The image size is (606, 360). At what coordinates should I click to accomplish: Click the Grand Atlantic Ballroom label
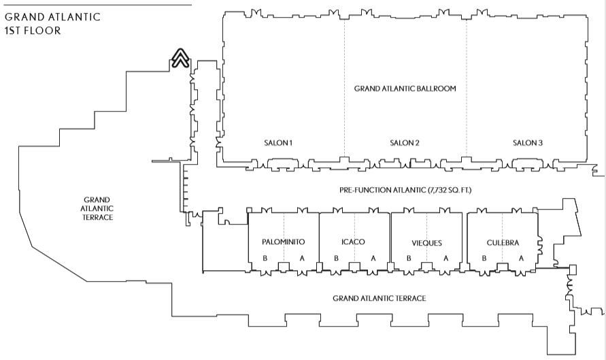click(405, 88)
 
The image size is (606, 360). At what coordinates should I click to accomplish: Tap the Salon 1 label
click(278, 143)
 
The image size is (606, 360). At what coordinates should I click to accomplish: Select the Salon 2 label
click(404, 143)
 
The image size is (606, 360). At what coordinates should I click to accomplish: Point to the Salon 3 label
click(528, 143)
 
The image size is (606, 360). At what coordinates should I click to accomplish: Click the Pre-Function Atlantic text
click(405, 190)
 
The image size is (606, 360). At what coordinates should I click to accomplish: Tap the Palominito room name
click(283, 242)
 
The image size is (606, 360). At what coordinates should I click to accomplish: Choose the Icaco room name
click(354, 242)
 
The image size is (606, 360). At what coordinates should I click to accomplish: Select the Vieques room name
click(426, 243)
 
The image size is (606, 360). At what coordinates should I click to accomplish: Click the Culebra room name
click(503, 243)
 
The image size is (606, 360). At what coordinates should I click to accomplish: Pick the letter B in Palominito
click(265, 258)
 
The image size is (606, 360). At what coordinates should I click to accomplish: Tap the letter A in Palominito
click(302, 258)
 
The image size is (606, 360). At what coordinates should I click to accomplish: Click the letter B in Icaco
click(336, 258)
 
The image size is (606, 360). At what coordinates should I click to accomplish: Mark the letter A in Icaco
click(373, 258)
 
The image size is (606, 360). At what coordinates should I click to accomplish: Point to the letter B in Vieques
click(409, 258)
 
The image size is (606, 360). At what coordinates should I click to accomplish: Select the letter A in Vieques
click(445, 258)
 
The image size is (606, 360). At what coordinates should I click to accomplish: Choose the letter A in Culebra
click(521, 258)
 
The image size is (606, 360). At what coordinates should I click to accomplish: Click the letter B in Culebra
click(484, 258)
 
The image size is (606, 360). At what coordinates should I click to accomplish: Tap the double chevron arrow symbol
click(180, 59)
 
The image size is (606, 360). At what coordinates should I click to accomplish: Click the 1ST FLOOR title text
click(33, 31)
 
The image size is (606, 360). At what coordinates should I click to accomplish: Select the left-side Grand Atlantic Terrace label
click(95, 208)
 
